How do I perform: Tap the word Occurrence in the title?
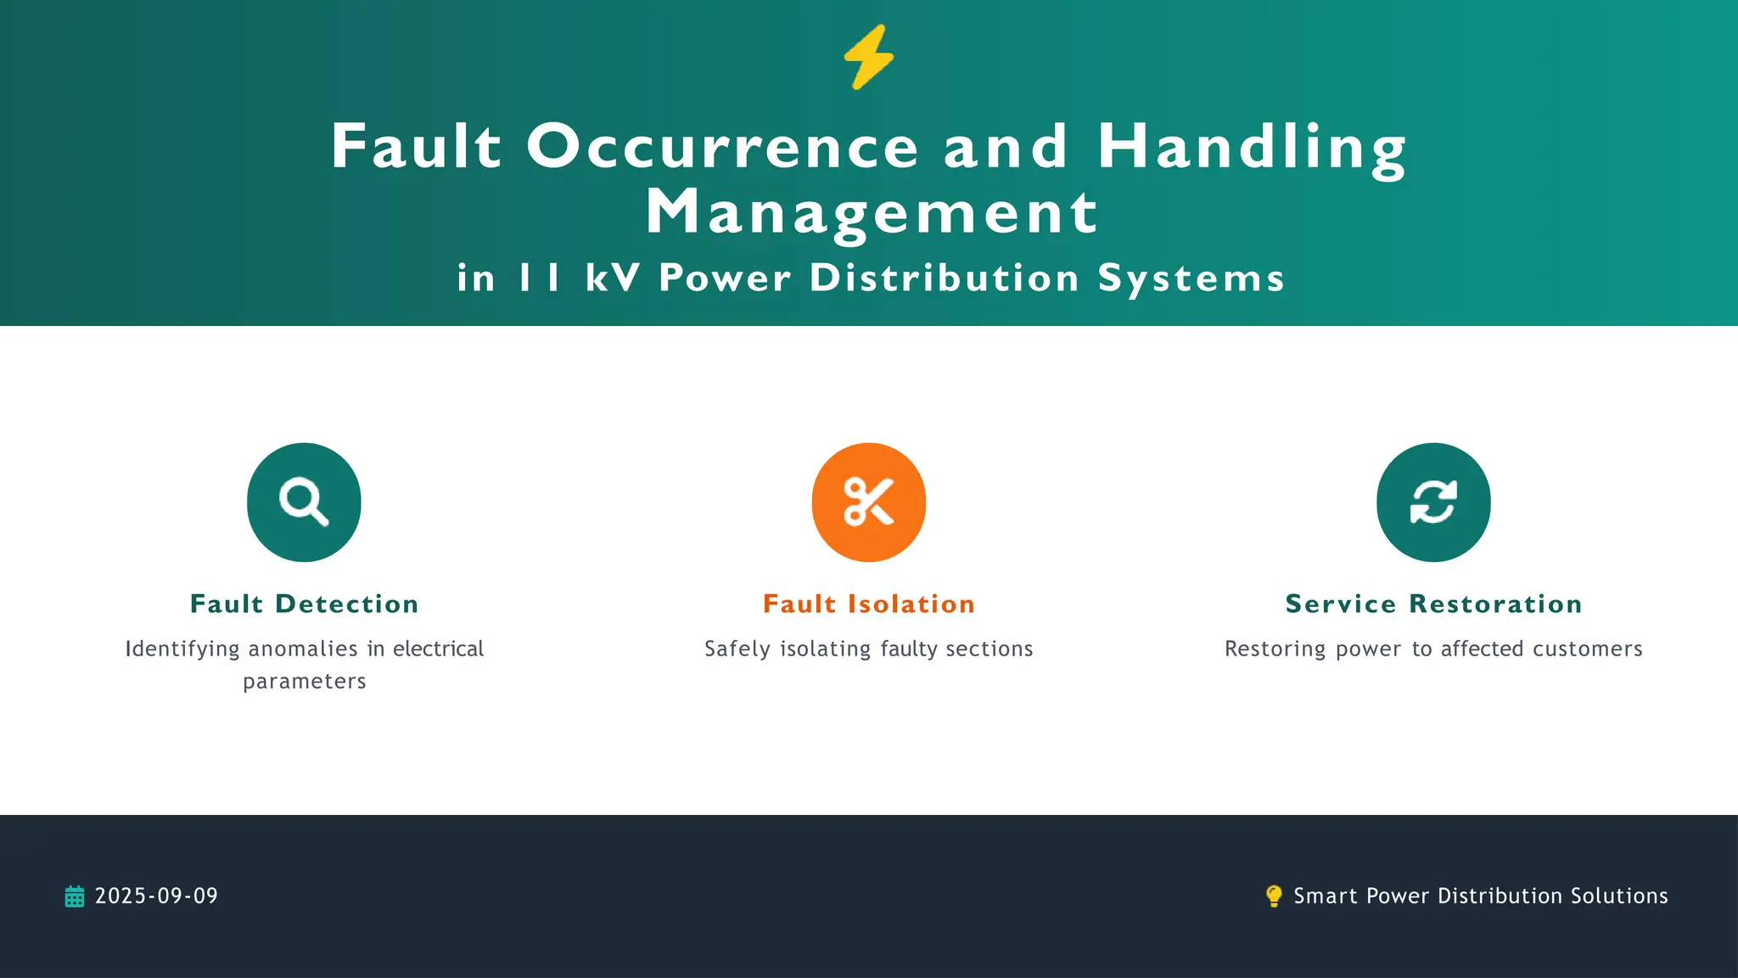tap(722, 146)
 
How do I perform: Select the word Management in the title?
tap(872, 212)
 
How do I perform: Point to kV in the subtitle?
tap(612, 278)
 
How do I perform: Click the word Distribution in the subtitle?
tap(944, 278)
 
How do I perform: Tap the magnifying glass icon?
tap(304, 502)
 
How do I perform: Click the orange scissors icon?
tap(868, 502)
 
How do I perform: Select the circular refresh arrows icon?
tap(1433, 502)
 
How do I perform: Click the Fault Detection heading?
tap(305, 604)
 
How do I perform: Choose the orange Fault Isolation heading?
tap(869, 604)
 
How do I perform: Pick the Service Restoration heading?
tap(1433, 604)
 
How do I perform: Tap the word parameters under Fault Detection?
tap(305, 682)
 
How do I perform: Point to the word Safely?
tap(737, 649)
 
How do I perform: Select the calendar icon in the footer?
tap(75, 896)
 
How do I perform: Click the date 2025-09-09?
tap(156, 896)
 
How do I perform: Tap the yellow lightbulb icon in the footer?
tap(1274, 896)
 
